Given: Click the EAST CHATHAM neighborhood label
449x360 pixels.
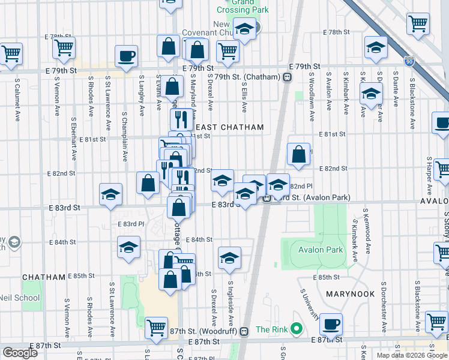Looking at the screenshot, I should [x=229, y=127].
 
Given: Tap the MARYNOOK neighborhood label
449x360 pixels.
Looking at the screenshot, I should [x=351, y=294].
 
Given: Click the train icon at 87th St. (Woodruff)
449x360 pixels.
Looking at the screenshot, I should [x=244, y=331].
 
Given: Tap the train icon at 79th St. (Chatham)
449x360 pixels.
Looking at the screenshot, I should [x=288, y=77].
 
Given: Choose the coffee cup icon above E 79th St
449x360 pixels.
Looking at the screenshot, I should [x=126, y=56].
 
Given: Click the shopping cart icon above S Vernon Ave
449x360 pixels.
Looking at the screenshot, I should [x=64, y=47].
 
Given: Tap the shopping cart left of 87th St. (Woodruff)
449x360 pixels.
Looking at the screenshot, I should [x=156, y=328].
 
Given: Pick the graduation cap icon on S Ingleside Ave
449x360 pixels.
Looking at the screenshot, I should [x=229, y=257].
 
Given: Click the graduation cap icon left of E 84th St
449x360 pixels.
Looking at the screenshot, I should [x=128, y=247].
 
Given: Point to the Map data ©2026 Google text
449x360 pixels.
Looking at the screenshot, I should [x=411, y=355].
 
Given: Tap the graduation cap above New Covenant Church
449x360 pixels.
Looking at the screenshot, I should [x=244, y=28].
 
